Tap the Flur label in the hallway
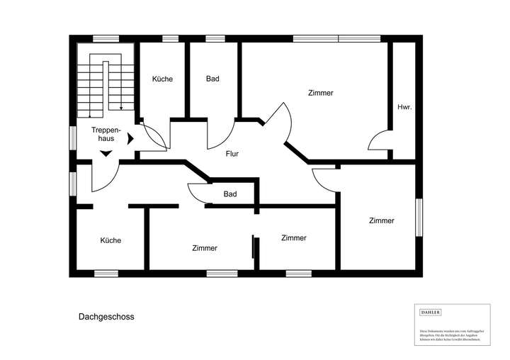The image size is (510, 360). click(231, 153)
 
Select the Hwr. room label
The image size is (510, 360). click(404, 107)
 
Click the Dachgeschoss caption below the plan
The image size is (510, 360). click(106, 317)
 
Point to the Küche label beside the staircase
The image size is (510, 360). click(162, 79)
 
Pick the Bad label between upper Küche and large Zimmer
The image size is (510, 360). click(212, 79)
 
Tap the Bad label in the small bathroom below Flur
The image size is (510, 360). click(229, 193)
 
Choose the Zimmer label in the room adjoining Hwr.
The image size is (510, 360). click(321, 93)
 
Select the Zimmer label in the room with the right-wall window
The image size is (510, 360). click(381, 221)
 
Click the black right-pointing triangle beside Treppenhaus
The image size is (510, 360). click(130, 139)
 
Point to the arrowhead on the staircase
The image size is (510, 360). click(120, 108)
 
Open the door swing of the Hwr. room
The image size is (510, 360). click(378, 141)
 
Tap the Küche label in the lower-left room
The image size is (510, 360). click(110, 240)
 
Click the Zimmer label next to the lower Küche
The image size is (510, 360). click(204, 248)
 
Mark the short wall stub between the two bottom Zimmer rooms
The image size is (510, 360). click(254, 249)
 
